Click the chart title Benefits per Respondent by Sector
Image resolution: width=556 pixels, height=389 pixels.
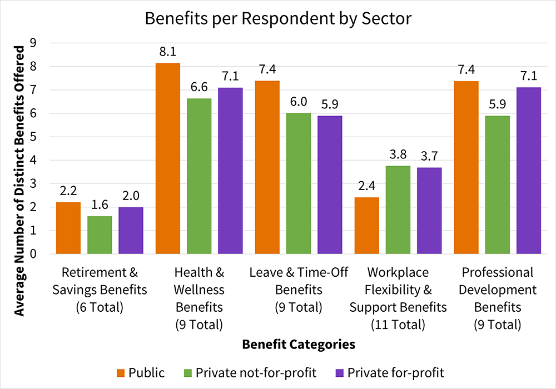coord(278,18)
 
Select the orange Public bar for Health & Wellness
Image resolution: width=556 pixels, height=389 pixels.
coord(168,158)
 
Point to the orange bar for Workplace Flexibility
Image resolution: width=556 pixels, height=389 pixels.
coord(367,226)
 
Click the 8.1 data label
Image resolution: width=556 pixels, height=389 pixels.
coord(168,52)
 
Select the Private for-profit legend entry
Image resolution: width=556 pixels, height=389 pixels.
coord(395,372)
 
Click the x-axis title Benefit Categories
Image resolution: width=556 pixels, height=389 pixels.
coord(299,345)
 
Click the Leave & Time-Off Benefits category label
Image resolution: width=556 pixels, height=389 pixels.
coord(299,290)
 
